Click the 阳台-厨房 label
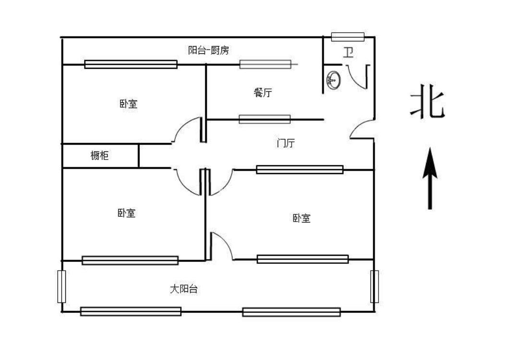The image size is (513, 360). pyautogui.click(x=208, y=50)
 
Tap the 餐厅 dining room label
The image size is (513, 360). pyautogui.click(x=263, y=93)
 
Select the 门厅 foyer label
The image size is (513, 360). pyautogui.click(x=286, y=143)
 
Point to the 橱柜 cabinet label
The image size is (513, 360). pyautogui.click(x=99, y=155)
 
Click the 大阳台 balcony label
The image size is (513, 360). pyautogui.click(x=183, y=289)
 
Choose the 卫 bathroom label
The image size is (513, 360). pyautogui.click(x=348, y=52)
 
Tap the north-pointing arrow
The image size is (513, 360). pyautogui.click(x=429, y=178)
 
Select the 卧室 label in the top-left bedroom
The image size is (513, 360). pyautogui.click(x=128, y=103)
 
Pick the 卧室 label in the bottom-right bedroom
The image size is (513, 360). pyautogui.click(x=301, y=218)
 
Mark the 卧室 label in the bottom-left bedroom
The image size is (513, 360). pyautogui.click(x=126, y=213)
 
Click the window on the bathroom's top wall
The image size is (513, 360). pyautogui.click(x=348, y=37)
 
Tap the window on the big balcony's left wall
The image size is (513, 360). pyautogui.click(x=61, y=286)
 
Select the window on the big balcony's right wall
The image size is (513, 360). pyautogui.click(x=374, y=286)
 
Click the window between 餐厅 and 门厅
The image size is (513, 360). pyautogui.click(x=265, y=119)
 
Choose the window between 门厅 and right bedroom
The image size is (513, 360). pyautogui.click(x=299, y=169)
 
